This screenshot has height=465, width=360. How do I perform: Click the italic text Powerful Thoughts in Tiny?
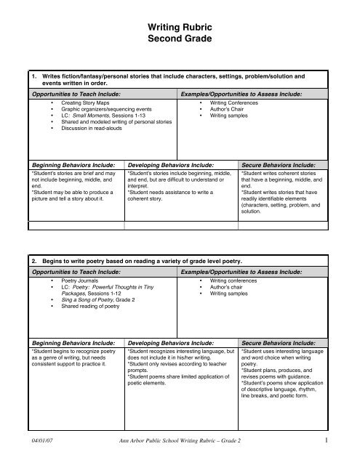127,285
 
